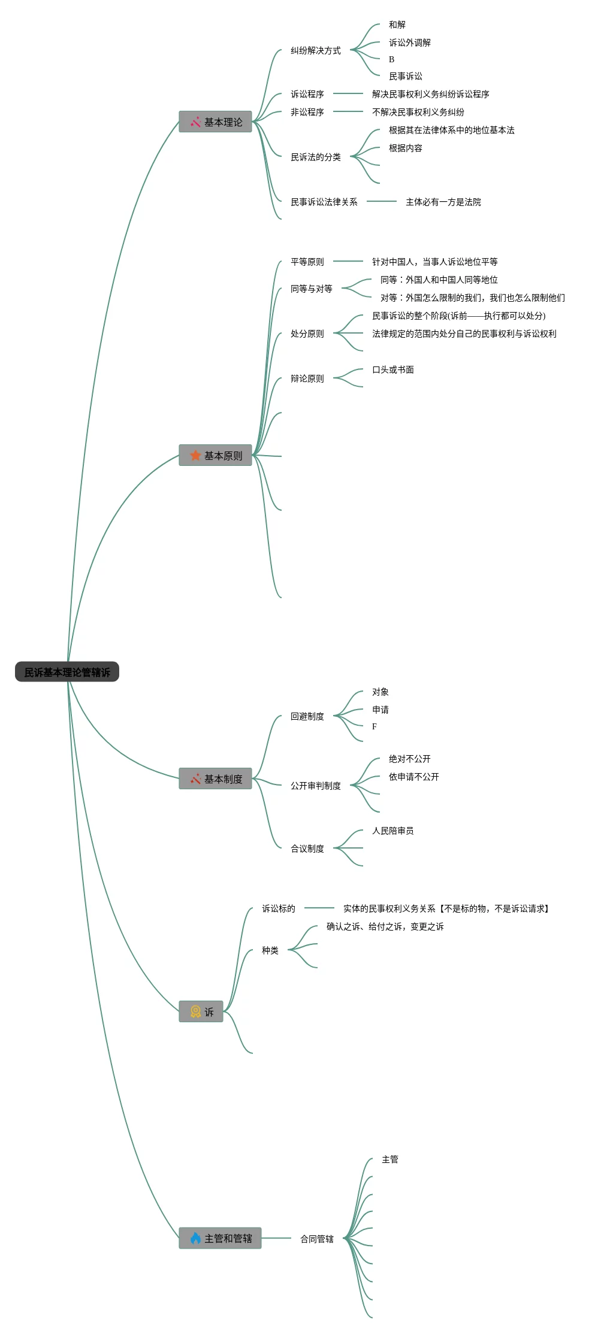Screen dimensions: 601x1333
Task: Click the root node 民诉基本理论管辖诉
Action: coord(67,672)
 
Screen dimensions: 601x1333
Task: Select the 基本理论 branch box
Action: coord(215,122)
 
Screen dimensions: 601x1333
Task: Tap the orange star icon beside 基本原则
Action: coord(195,455)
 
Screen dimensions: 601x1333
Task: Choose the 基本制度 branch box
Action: coord(215,778)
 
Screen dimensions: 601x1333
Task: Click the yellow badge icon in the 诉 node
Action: coord(195,1011)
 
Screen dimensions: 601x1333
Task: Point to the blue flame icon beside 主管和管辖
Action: coord(195,1238)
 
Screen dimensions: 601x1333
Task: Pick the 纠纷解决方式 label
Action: coord(316,50)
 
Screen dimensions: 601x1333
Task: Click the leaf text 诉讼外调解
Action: coord(410,43)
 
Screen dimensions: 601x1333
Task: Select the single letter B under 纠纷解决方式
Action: coord(391,59)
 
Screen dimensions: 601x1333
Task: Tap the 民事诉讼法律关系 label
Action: coord(324,202)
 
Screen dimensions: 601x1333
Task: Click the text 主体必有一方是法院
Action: coord(443,202)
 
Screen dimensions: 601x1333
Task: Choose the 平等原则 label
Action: coord(307,262)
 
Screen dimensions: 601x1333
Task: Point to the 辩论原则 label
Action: coord(307,378)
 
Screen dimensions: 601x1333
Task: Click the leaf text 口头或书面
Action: coord(393,369)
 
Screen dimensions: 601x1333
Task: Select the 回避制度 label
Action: coord(307,716)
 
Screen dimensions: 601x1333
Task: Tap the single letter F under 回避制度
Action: coord(375,726)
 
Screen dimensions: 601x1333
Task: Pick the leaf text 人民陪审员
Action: coord(393,831)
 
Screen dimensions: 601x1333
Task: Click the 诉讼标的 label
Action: coord(279,908)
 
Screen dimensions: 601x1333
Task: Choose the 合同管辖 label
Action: coord(317,1238)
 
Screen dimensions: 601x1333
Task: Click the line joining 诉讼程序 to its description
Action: coord(348,93)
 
